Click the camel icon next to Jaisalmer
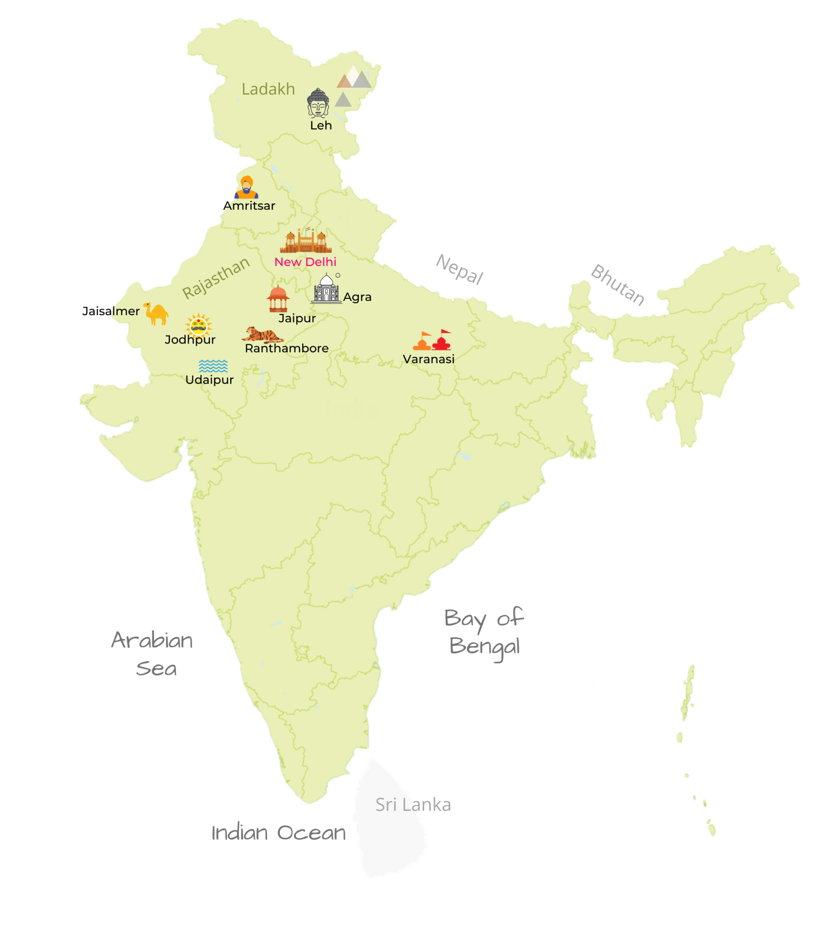point(156,313)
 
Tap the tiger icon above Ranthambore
point(262,335)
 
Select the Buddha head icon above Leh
point(318,103)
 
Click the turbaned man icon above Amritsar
point(246,187)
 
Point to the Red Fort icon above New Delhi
point(305,241)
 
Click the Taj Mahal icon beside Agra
point(326,289)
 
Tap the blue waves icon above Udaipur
point(213,366)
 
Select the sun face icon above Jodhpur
point(198,325)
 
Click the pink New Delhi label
point(305,262)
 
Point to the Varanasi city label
point(428,359)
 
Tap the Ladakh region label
point(268,89)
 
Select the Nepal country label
point(459,269)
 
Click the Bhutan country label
point(618,284)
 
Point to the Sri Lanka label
point(413,805)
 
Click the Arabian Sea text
point(152,654)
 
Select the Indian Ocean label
point(278,833)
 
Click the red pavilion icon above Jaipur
point(277,299)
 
